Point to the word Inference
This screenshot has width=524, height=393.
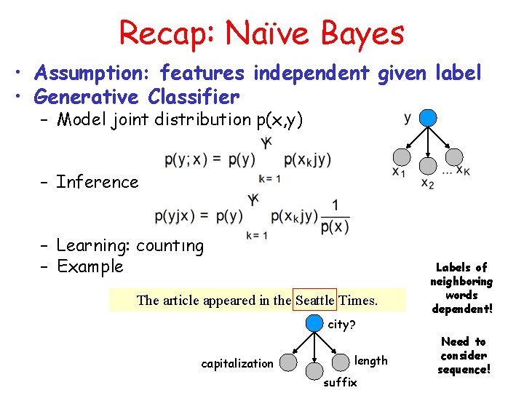97,182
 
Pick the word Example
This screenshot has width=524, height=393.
90,266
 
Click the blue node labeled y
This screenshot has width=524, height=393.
429,118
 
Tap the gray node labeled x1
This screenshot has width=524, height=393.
400,156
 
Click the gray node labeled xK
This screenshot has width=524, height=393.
454,156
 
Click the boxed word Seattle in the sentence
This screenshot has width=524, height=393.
314,300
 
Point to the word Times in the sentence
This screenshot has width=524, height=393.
358,300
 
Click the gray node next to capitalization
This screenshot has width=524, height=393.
289,362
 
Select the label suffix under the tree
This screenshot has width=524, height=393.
339,382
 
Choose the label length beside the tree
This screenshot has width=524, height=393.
370,360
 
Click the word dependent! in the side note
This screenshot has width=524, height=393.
461,309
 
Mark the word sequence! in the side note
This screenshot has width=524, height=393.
464,369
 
